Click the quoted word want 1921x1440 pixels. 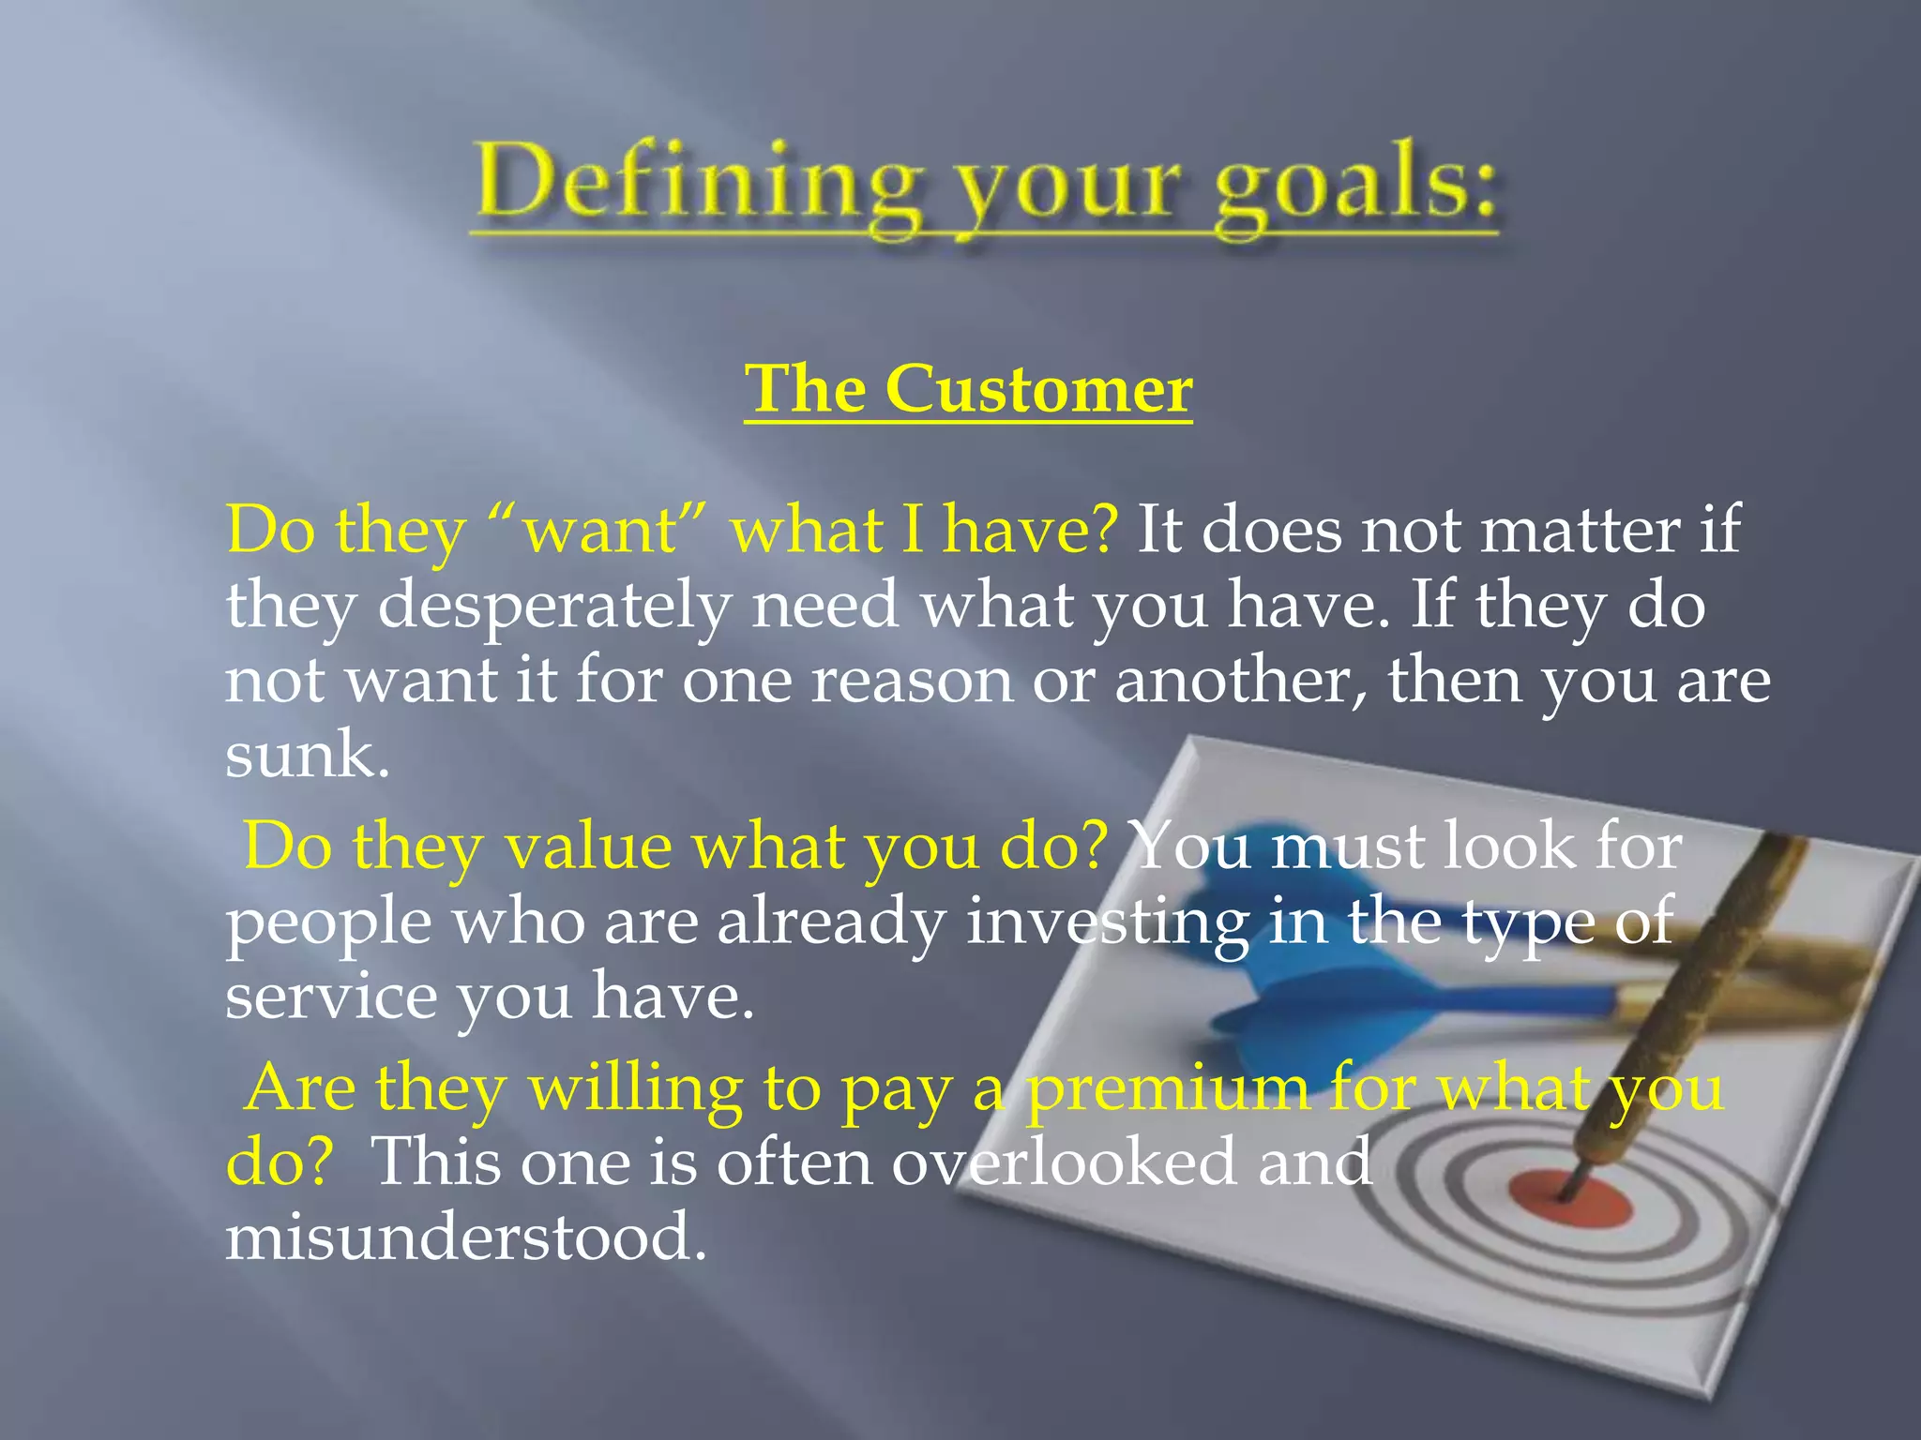click(600, 531)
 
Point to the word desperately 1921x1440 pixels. click(554, 606)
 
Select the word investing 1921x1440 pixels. click(1107, 922)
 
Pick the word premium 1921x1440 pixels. click(1167, 1089)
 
